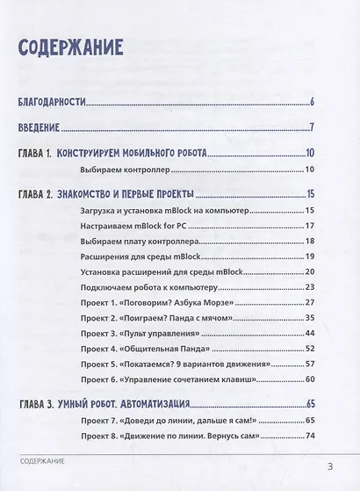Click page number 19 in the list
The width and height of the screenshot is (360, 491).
(309, 256)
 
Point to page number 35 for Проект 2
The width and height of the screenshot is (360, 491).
(309, 318)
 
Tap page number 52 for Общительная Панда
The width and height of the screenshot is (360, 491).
(309, 349)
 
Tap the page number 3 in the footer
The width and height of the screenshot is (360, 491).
(329, 465)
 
